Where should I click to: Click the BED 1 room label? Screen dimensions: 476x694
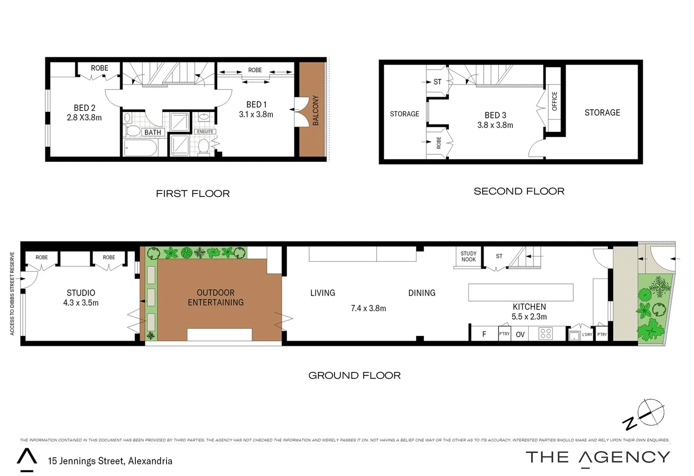coord(256,104)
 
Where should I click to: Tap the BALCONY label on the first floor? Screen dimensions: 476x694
coord(315,111)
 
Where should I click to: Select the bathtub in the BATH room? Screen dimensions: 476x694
coord(141,148)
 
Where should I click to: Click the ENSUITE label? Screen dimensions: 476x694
coord(205,132)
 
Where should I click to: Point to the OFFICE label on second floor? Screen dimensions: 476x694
coord(554,101)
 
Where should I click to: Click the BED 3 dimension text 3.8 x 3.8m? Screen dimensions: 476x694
coord(495,125)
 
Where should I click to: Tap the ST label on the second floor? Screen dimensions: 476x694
coord(437,82)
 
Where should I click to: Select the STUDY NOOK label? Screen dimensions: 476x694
coord(468,257)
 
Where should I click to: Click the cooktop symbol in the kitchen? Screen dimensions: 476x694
coord(546,333)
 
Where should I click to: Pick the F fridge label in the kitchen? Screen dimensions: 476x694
coord(484,334)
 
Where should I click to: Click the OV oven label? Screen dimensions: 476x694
coord(520,335)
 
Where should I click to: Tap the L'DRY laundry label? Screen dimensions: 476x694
coord(587,335)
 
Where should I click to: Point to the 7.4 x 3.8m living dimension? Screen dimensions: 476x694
coord(368,309)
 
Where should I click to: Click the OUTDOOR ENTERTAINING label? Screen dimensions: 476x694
coord(215,297)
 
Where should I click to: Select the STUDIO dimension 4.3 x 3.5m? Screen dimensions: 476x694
coord(81,303)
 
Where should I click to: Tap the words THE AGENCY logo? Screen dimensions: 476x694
coord(598,457)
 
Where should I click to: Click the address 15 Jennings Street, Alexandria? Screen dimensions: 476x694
coord(110,461)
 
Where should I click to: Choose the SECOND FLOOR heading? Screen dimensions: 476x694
coord(519,191)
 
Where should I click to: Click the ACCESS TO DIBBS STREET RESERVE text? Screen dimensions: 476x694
coord(12,294)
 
